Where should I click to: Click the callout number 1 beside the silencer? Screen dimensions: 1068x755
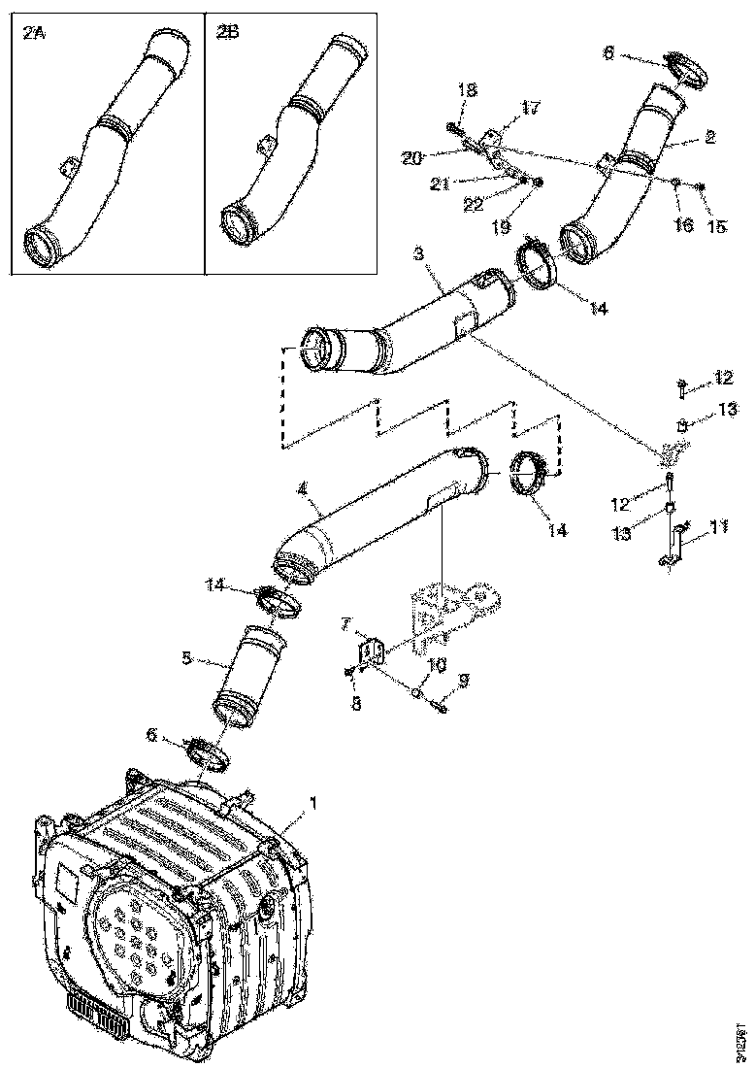point(312,803)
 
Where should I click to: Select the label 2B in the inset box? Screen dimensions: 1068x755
point(228,33)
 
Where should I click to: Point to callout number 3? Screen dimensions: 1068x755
point(418,254)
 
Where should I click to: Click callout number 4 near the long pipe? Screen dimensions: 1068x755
point(303,505)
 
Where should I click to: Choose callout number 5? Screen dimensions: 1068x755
point(186,656)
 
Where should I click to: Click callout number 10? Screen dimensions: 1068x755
point(438,665)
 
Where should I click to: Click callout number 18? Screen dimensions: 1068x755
point(467,89)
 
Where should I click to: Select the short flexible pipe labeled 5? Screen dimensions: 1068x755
point(249,675)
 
